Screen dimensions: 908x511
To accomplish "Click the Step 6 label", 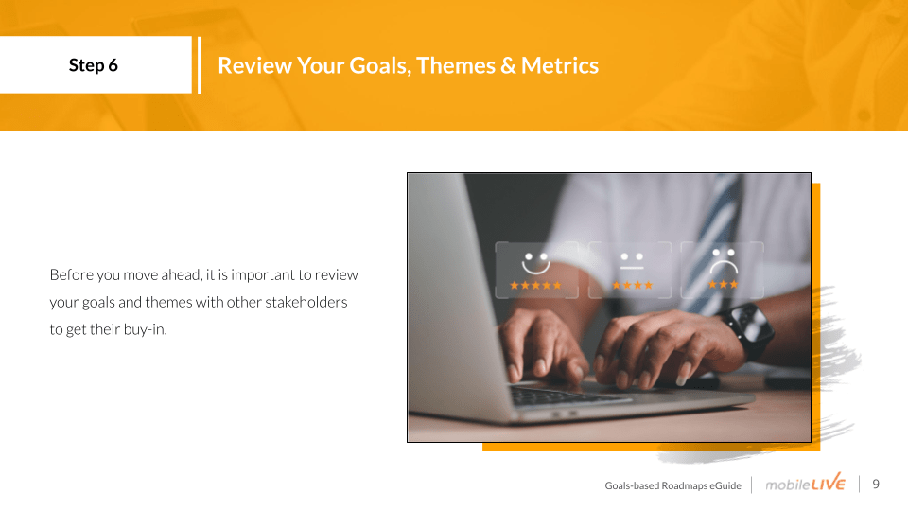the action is tap(94, 65).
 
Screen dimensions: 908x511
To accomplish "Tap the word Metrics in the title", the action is tap(559, 65).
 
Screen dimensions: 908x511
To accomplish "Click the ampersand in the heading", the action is tap(508, 65).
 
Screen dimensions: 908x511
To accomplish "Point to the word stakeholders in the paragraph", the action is tap(306, 302).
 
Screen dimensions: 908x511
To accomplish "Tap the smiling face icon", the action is tap(535, 263).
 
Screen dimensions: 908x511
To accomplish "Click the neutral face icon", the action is tap(632, 261).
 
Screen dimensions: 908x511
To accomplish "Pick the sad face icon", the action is tap(724, 261).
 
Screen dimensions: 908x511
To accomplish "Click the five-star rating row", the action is tap(535, 285).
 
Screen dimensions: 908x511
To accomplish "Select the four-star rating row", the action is tap(633, 285).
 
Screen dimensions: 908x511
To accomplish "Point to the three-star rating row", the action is tap(724, 285).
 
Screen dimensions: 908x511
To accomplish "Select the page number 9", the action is tap(876, 484).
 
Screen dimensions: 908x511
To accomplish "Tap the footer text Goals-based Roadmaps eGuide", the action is tap(672, 485).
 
